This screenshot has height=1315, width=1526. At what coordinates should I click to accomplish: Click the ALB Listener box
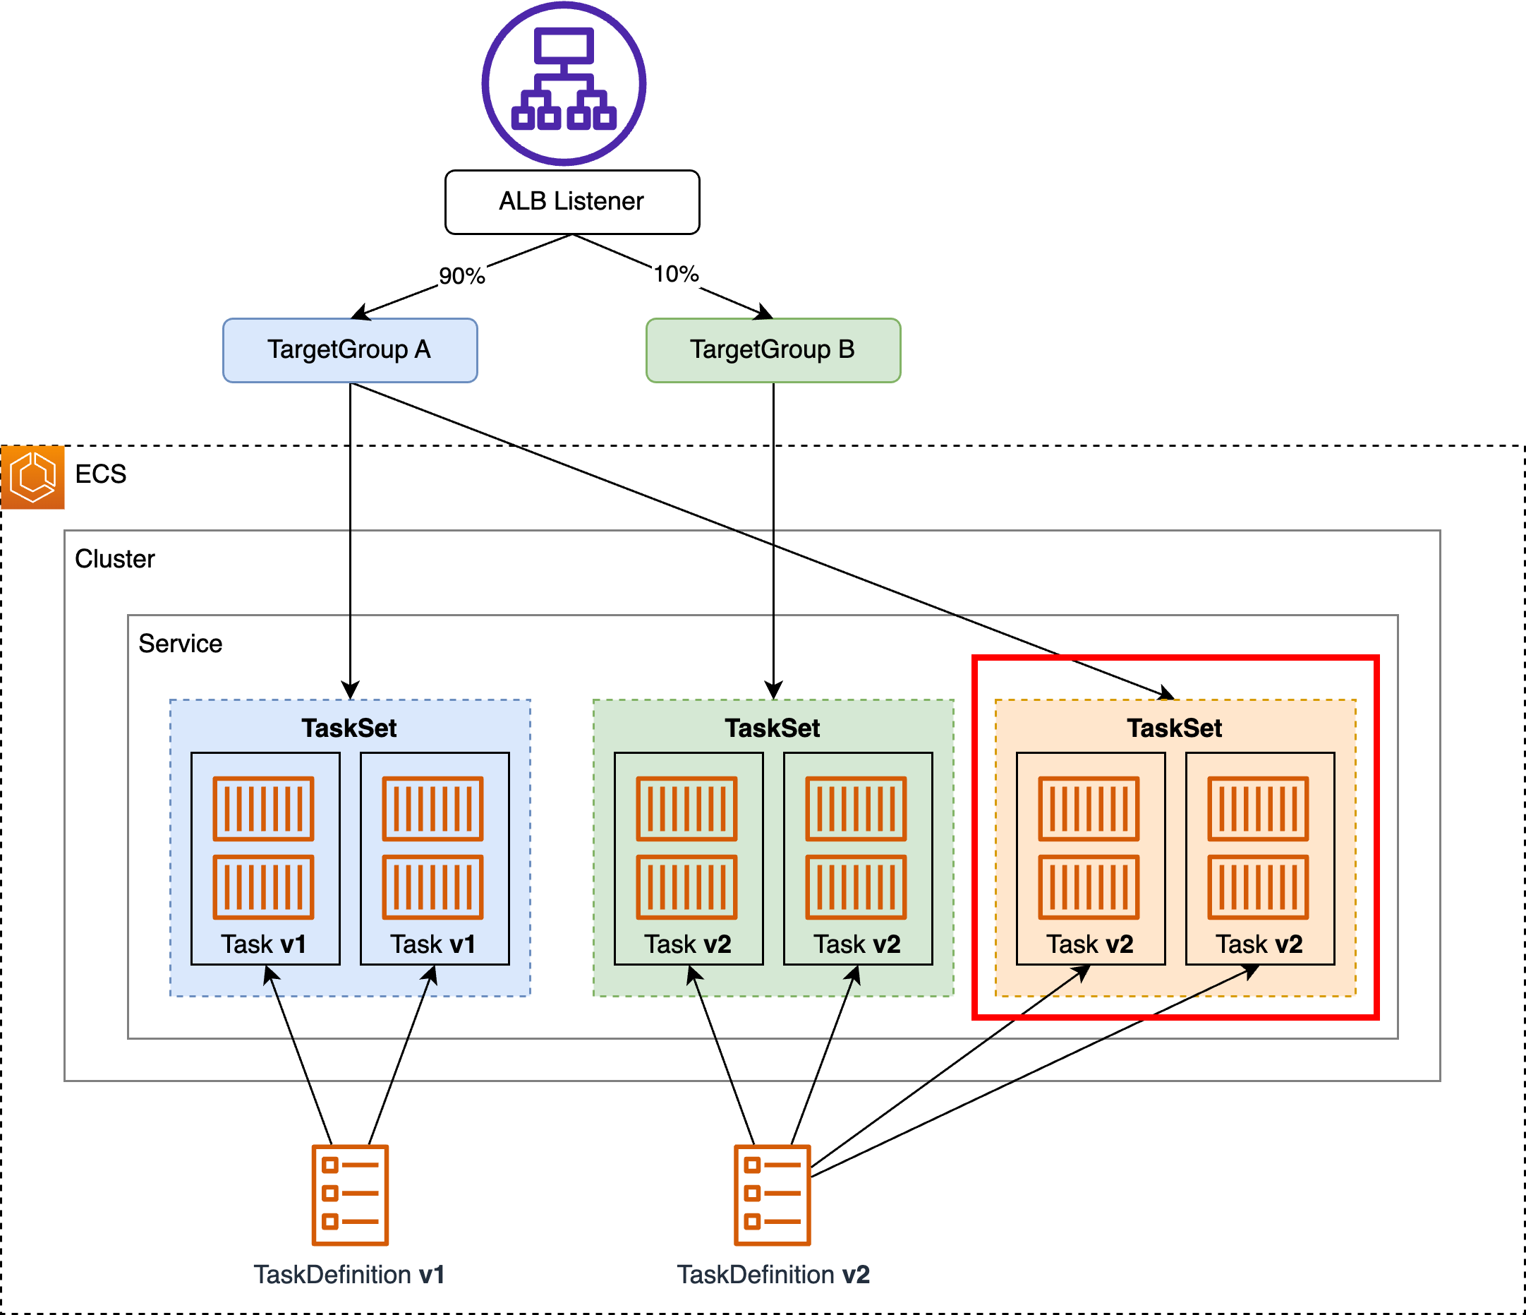(572, 202)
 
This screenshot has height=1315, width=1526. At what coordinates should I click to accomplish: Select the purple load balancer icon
(564, 83)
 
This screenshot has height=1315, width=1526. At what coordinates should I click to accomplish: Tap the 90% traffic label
(462, 276)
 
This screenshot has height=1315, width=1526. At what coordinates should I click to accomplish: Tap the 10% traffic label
(676, 274)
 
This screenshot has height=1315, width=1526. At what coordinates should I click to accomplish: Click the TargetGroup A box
(350, 350)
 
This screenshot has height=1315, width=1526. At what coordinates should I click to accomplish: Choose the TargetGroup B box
(773, 350)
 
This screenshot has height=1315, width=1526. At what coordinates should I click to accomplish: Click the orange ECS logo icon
(32, 476)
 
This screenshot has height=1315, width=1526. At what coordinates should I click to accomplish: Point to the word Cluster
(115, 558)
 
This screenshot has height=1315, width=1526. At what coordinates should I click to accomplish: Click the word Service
(181, 643)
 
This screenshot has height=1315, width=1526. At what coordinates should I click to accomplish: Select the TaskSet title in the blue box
(349, 728)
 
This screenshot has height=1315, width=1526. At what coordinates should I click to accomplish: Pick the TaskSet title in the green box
(773, 728)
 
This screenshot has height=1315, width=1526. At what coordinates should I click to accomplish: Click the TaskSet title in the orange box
(1175, 728)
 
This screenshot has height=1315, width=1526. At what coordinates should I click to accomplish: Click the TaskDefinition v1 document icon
(350, 1195)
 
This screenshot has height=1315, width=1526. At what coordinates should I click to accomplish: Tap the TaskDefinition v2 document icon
(773, 1195)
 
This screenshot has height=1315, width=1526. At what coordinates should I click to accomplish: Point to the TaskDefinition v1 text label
(349, 1275)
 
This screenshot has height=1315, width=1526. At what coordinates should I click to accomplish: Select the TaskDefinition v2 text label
(773, 1275)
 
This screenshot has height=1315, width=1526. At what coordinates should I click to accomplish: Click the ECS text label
(101, 474)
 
